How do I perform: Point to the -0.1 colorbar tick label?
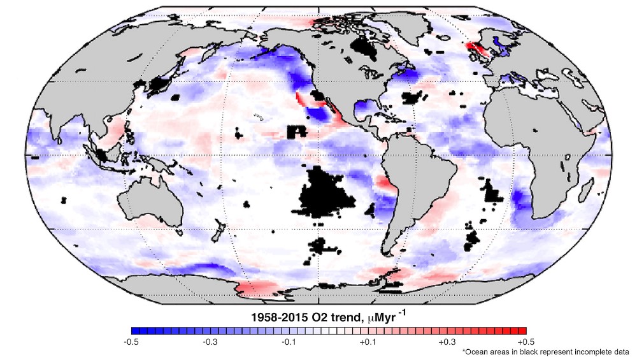tap(289, 342)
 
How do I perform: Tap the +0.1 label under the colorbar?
tap(368, 342)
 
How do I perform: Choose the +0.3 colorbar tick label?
tap(447, 342)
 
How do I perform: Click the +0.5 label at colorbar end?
tap(526, 342)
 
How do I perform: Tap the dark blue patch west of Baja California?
tap(317, 115)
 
